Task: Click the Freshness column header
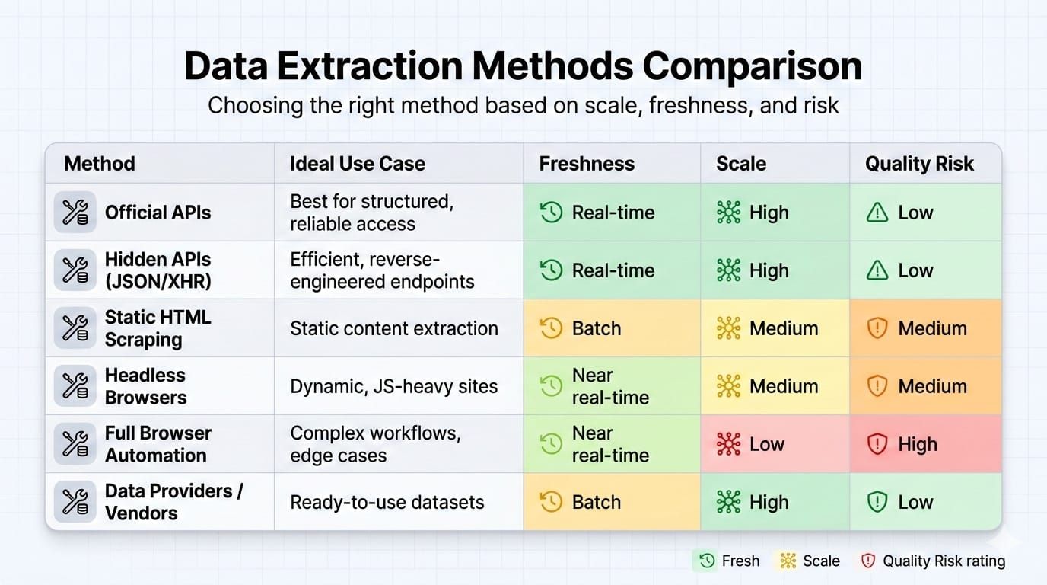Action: [587, 164]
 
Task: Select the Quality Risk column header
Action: [919, 164]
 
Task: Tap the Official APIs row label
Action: [158, 213]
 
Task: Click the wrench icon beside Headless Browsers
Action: [75, 385]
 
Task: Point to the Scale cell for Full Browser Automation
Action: [775, 443]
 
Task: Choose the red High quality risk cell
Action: [925, 443]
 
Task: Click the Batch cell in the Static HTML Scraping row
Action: [612, 328]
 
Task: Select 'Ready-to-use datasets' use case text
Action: [387, 502]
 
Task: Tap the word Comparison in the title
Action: [753, 66]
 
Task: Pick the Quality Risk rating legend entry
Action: [933, 561]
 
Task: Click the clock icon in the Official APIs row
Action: [551, 213]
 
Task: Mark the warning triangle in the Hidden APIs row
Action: [877, 270]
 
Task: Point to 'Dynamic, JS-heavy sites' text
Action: [393, 386]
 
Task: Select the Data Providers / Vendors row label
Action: [174, 502]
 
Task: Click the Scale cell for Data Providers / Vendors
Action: [775, 502]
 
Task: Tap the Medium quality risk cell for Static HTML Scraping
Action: [925, 328]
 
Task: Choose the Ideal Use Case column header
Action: [358, 164]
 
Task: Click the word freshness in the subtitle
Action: [700, 105]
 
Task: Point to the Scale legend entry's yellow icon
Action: [788, 561]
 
